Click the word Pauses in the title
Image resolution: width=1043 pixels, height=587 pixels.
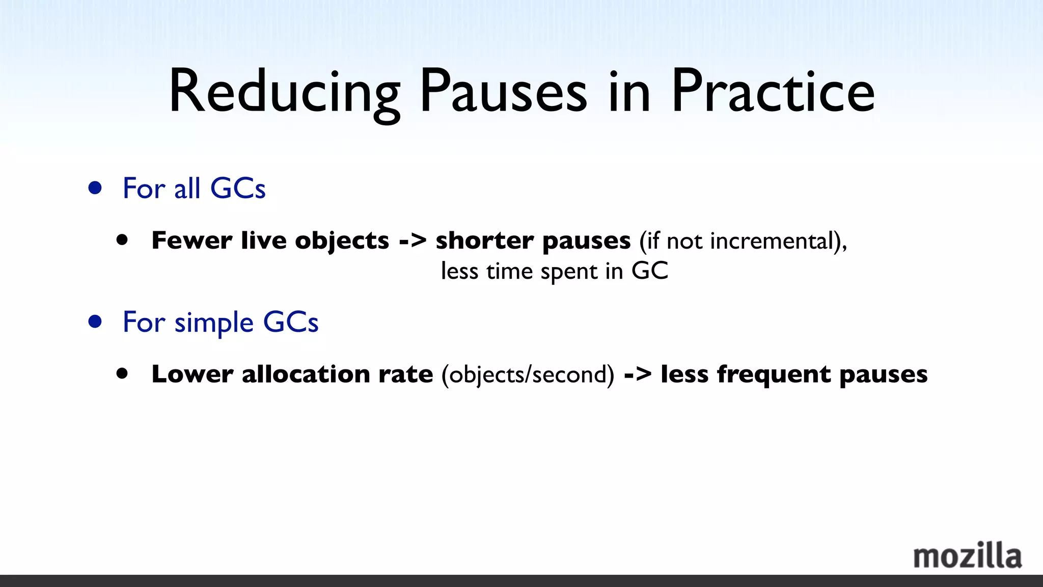click(503, 92)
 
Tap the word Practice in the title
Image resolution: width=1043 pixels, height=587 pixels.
click(773, 92)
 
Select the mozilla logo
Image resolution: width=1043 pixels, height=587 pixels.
click(967, 556)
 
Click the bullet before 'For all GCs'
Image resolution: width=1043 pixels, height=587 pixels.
click(95, 188)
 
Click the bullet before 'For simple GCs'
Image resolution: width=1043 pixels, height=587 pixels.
click(95, 322)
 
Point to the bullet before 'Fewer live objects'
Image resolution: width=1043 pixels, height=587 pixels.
click(122, 240)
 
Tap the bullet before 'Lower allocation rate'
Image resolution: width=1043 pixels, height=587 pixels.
click(122, 373)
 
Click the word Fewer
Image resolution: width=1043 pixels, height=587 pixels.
click(192, 240)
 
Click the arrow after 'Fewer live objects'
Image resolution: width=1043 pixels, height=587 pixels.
click(413, 241)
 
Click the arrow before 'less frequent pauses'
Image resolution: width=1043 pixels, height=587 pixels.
click(638, 375)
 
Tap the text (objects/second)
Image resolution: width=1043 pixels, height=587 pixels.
click(528, 375)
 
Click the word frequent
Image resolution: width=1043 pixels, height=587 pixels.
click(774, 375)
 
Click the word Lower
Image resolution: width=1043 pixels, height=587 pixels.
click(193, 374)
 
